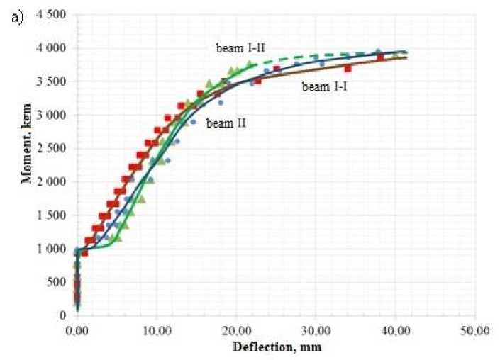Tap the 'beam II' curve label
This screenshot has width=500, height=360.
click(226, 123)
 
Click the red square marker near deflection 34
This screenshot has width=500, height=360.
click(348, 68)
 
